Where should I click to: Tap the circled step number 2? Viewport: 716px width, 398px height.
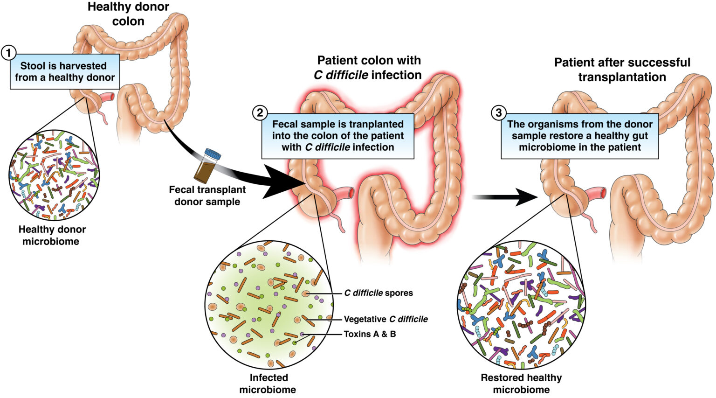(x=260, y=112)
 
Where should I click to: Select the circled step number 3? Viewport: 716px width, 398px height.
(x=499, y=112)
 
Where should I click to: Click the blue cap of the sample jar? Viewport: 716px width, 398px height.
(x=213, y=154)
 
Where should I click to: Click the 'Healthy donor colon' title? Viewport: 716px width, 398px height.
(x=128, y=14)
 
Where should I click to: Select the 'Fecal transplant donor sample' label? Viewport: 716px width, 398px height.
(x=207, y=196)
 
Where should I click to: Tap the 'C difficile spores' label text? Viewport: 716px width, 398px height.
(x=379, y=293)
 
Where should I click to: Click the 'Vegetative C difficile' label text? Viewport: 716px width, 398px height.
(x=386, y=319)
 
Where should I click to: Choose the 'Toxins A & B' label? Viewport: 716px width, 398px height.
(x=370, y=334)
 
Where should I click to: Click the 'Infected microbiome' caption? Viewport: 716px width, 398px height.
(x=268, y=384)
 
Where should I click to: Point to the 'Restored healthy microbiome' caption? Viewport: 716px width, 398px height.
(x=521, y=384)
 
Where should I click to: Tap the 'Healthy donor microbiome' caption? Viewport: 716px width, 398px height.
(x=52, y=235)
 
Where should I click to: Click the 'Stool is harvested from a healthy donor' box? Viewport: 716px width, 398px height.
(x=65, y=71)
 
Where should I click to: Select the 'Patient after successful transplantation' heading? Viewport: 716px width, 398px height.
(x=622, y=70)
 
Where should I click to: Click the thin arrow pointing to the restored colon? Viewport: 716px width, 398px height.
(x=506, y=197)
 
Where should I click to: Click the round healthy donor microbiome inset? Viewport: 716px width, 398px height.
(x=54, y=175)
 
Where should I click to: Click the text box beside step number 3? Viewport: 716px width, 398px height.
(x=580, y=136)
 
